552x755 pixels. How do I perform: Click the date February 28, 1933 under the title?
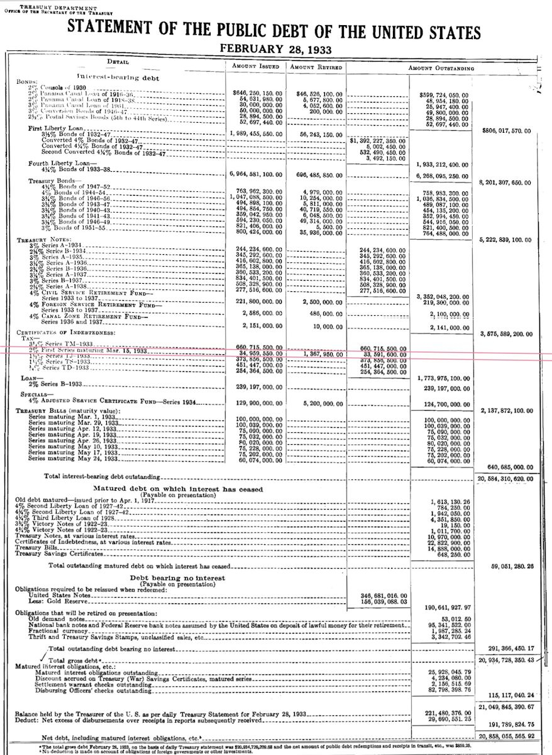click(x=275, y=48)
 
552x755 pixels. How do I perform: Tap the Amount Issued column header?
click(x=253, y=67)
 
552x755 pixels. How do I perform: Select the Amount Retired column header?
click(x=316, y=67)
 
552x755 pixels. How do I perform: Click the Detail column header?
click(x=118, y=62)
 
